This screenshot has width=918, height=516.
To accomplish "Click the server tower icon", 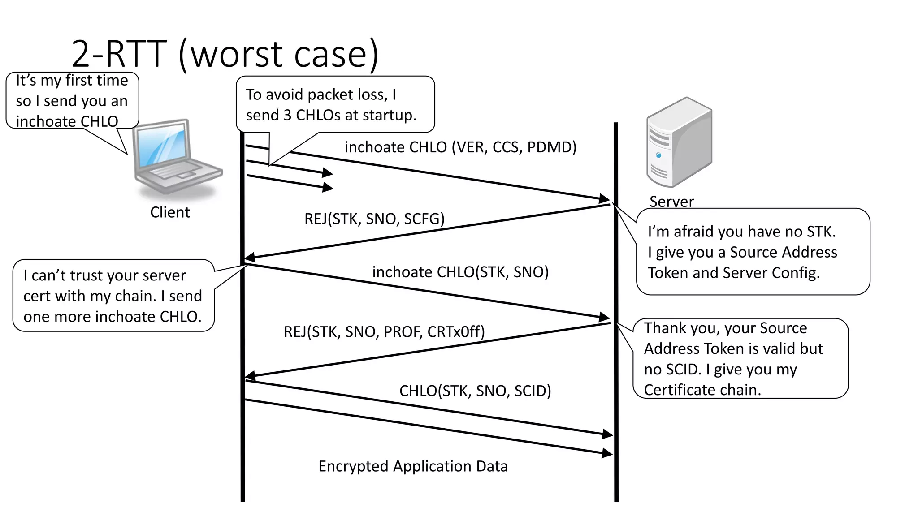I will click(x=679, y=142).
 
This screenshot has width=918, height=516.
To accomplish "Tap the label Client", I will click(x=170, y=212).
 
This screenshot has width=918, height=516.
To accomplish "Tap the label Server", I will click(x=671, y=202).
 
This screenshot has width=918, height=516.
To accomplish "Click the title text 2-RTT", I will click(x=119, y=54).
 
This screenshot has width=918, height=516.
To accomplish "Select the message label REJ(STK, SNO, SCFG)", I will click(x=374, y=219).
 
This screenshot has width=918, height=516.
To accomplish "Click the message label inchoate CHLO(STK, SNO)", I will click(x=460, y=272).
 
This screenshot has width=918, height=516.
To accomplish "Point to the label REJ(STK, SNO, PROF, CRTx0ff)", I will click(x=384, y=331).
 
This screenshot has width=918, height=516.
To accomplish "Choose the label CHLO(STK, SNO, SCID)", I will click(x=475, y=391).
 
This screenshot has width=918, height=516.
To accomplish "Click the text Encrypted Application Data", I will click(x=413, y=466).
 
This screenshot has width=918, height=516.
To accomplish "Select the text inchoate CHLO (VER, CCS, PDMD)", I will click(x=460, y=147).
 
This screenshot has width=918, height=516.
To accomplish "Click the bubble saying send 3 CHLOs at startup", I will click(x=335, y=104).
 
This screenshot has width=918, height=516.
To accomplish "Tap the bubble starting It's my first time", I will click(x=72, y=101).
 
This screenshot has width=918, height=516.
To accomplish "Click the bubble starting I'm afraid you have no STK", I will click(x=753, y=252).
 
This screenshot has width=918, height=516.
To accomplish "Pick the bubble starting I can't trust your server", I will click(x=113, y=296).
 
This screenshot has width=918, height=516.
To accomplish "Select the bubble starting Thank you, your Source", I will click(x=740, y=358).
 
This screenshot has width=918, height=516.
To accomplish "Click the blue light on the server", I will click(x=658, y=155).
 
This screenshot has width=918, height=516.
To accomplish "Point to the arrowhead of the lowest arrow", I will click(x=607, y=453).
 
